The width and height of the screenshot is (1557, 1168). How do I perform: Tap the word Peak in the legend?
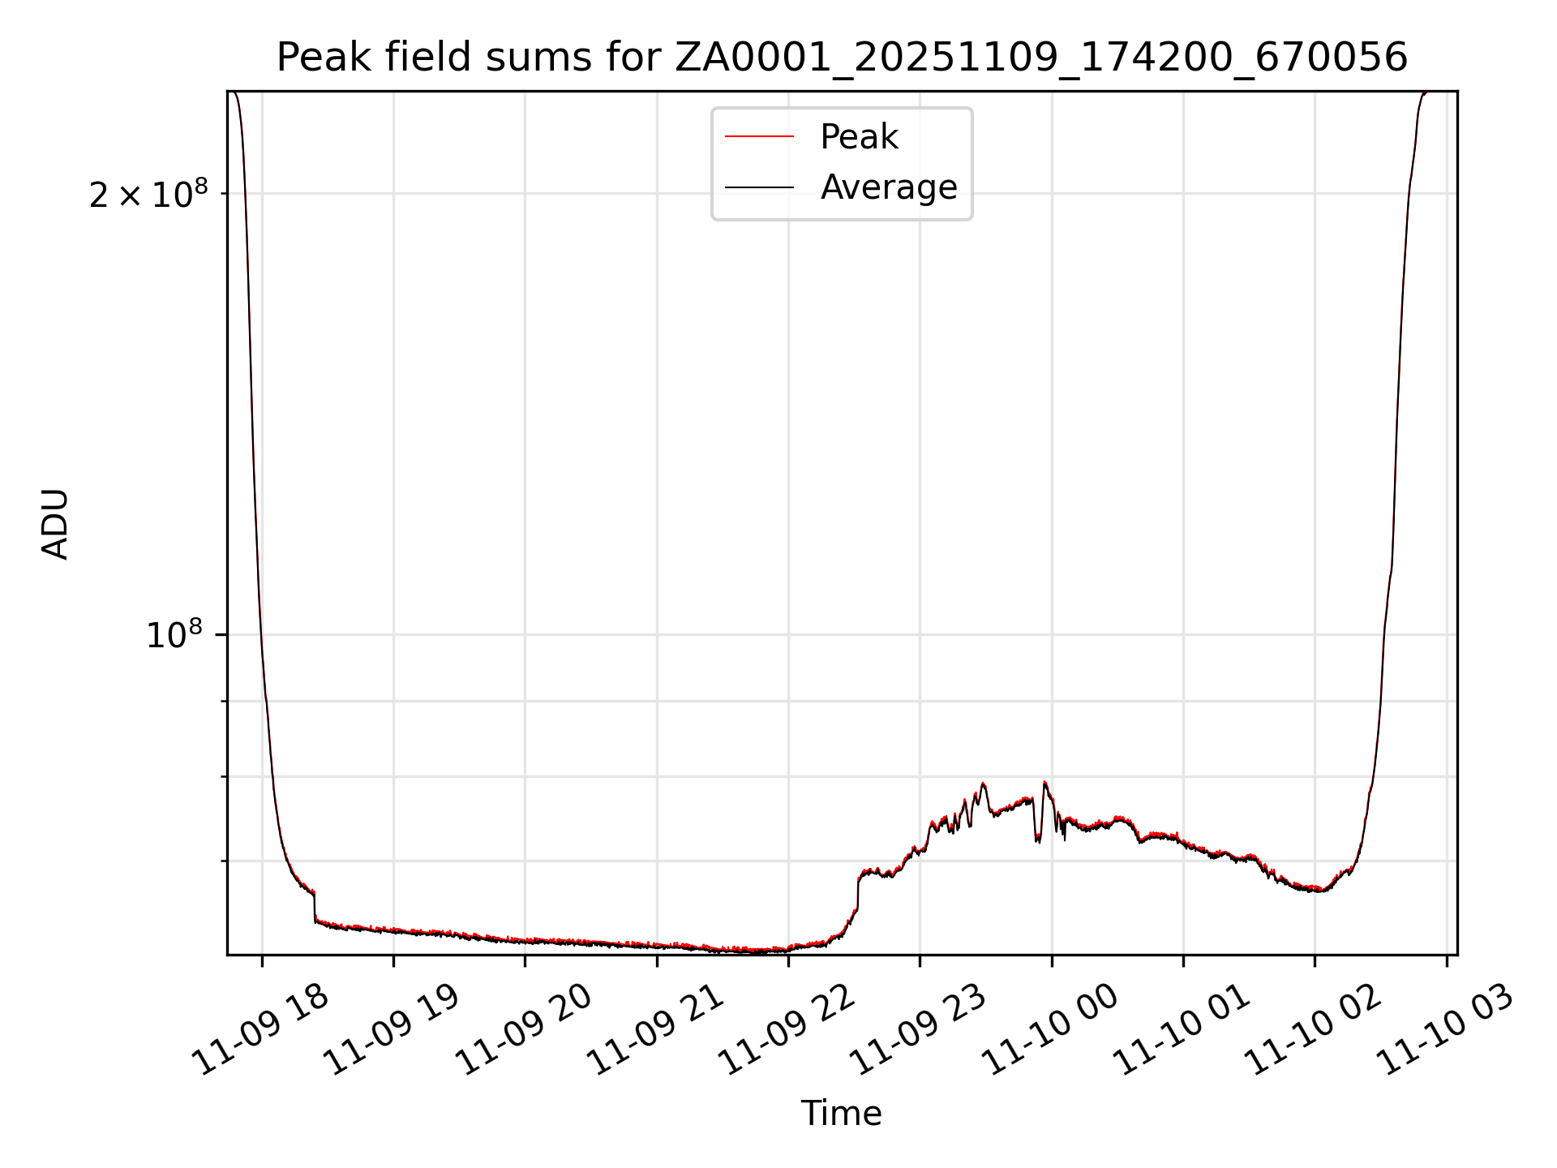[x=859, y=137]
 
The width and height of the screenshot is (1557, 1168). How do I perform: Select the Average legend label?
[x=889, y=187]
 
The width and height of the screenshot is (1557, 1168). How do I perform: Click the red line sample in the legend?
[x=759, y=137]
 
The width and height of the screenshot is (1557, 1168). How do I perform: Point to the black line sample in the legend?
[x=759, y=187]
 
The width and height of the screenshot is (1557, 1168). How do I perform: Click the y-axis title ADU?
[x=55, y=524]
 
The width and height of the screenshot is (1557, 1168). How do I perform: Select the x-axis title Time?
[x=841, y=1114]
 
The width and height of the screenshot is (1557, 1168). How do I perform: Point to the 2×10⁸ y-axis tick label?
[x=148, y=195]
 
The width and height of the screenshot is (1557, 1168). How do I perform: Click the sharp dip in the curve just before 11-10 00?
[x=1038, y=839]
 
